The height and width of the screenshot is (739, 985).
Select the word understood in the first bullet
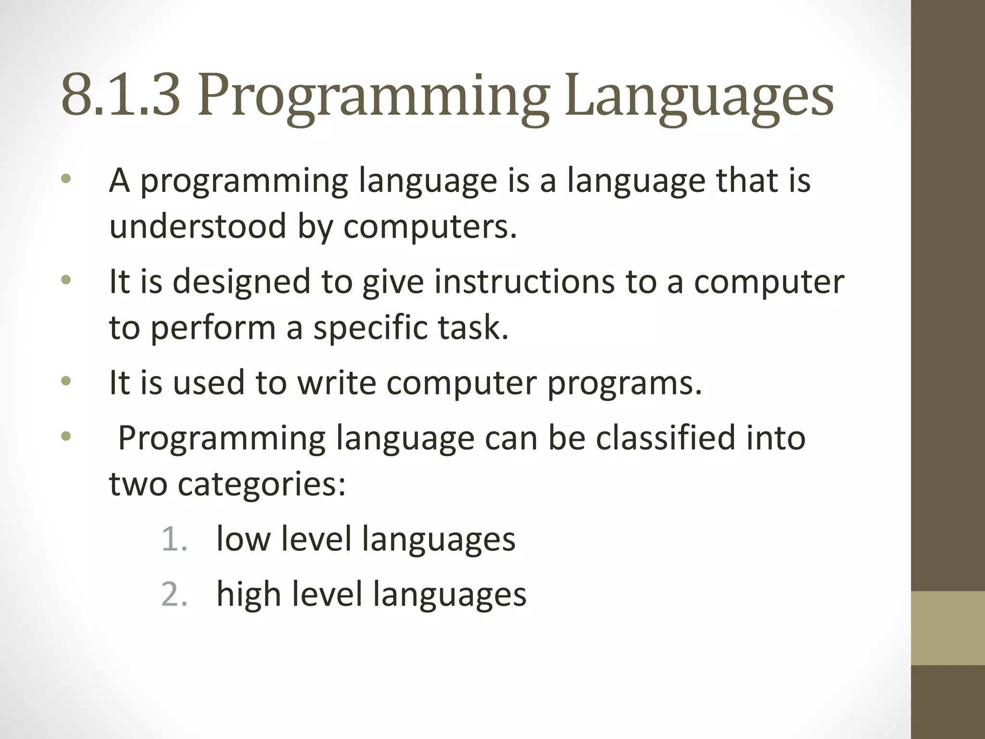198,226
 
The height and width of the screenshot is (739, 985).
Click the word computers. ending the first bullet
430,226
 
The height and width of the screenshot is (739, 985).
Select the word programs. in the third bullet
625,383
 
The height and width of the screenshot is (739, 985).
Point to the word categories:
262,484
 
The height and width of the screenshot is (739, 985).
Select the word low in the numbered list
243,539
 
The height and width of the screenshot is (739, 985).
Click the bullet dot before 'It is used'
66,382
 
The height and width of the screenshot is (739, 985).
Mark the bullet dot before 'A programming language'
66,179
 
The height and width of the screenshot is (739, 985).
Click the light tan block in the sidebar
948,628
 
